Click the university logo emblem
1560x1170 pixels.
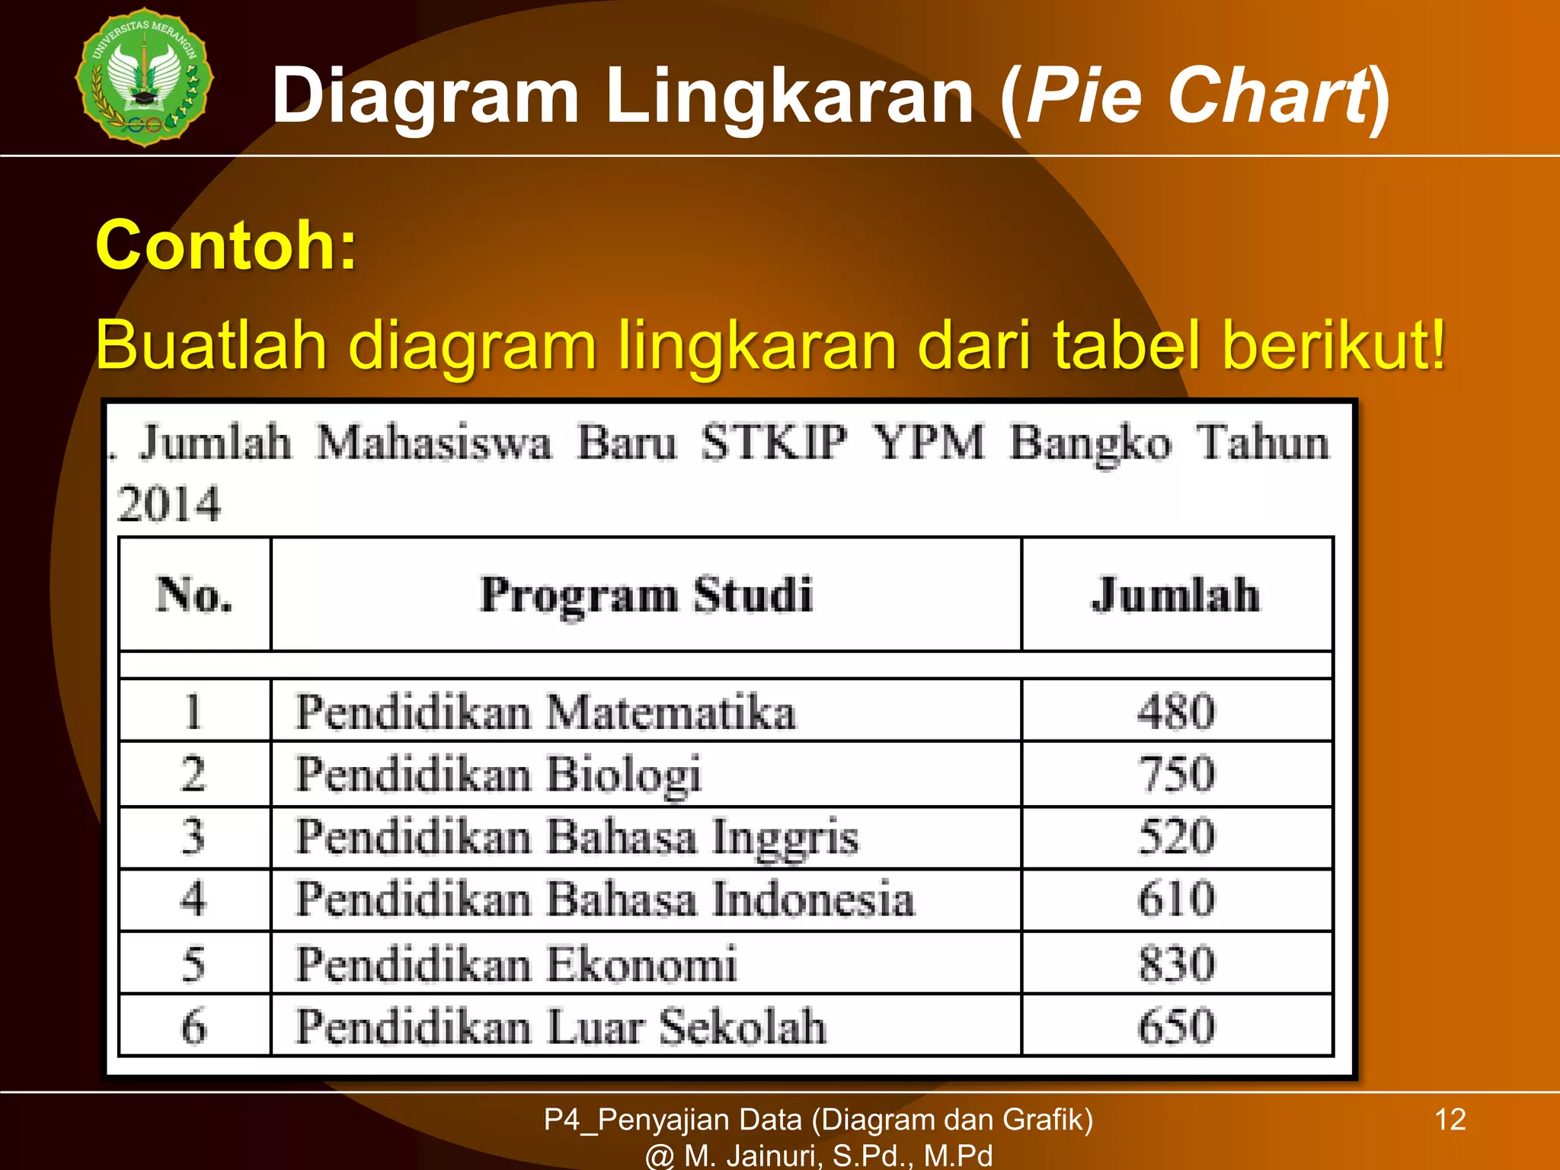145,77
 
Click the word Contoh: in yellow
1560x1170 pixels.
226,245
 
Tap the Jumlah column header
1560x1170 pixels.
1175,595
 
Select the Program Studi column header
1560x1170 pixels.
646,595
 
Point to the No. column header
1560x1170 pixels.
194,595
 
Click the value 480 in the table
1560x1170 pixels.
1176,712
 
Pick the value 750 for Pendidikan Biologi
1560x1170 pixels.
1176,775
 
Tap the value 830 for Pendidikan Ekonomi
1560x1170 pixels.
1176,964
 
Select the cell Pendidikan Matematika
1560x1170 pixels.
545,712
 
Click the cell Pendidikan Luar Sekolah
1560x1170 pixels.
561,1026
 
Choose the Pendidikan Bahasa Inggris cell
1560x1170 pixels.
577,837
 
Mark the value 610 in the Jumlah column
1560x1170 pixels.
1176,900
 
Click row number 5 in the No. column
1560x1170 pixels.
193,964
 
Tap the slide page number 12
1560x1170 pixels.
1450,1120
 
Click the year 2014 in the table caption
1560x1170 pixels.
169,504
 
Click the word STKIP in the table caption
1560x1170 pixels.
774,443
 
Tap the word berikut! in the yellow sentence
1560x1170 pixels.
1333,345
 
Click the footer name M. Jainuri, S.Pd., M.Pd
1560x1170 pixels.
838,1156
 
